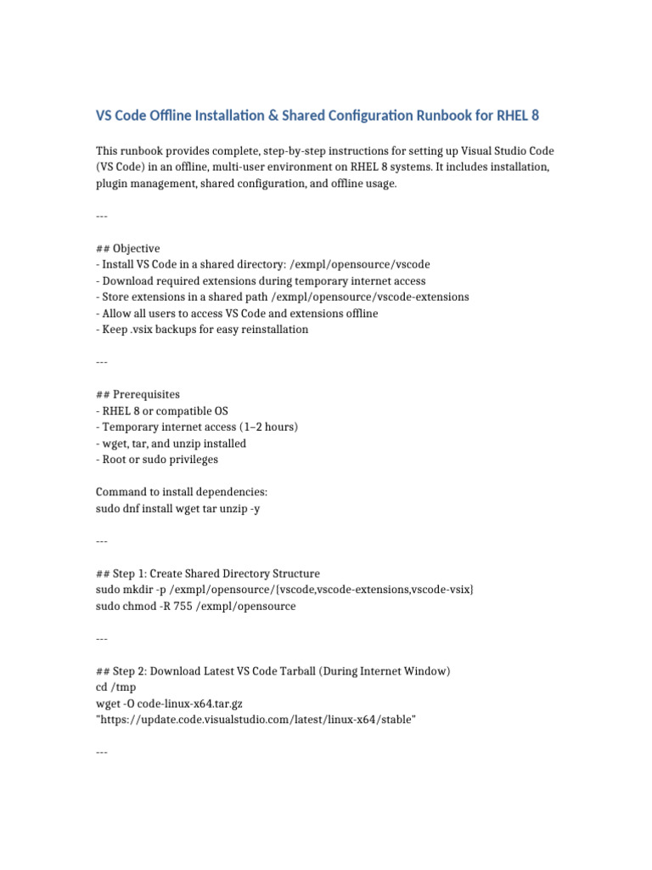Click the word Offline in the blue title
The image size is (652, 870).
click(183, 115)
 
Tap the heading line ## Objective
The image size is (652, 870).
click(127, 249)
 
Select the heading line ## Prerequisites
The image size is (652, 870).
click(138, 395)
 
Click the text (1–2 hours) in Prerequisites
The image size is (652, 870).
click(261, 427)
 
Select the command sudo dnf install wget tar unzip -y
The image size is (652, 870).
click(183, 509)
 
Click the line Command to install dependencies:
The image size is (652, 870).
click(182, 493)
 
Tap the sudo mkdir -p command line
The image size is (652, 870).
click(284, 590)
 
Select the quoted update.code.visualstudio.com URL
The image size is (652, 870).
click(256, 720)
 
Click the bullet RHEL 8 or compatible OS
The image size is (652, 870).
click(165, 411)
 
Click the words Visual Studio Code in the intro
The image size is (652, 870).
click(490, 151)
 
